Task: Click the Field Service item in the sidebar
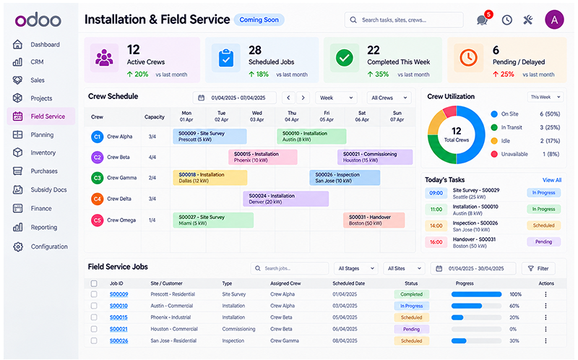point(41,116)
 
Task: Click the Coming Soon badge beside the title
point(259,20)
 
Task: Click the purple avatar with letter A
point(554,20)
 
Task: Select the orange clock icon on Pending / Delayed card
point(468,58)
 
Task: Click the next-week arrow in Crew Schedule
point(303,98)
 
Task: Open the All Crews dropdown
point(389,98)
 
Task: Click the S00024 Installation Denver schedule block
point(285,199)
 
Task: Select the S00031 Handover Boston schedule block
point(374,220)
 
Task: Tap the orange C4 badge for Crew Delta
point(97,199)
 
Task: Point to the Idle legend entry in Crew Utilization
point(506,141)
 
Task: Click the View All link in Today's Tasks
point(552,180)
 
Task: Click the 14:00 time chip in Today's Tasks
point(436,226)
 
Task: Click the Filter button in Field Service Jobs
point(538,268)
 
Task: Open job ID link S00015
point(118,317)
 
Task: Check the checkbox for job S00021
point(94,329)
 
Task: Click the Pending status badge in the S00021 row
point(411,329)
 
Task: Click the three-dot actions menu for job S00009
point(545,294)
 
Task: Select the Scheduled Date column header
point(349,283)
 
